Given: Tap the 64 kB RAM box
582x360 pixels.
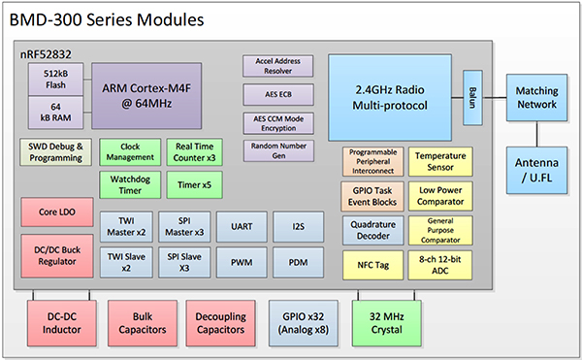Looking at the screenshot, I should point(53,110).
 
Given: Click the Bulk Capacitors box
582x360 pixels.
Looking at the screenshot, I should point(140,321).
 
